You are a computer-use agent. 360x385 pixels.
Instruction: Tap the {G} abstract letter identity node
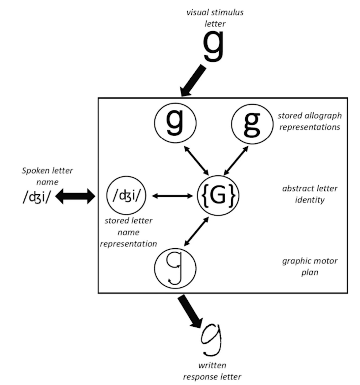218,195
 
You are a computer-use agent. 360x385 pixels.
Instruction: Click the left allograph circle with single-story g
175,123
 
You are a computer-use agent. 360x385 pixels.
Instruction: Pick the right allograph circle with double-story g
252,124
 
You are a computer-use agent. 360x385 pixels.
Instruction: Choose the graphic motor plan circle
175,268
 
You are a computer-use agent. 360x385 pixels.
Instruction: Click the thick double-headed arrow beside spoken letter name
75,196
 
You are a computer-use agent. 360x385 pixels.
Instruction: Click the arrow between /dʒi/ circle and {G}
172,196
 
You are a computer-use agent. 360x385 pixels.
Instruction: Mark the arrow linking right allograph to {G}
236,160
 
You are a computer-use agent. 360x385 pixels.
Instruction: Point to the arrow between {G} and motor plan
196,232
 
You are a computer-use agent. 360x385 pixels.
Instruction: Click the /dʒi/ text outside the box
36,197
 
